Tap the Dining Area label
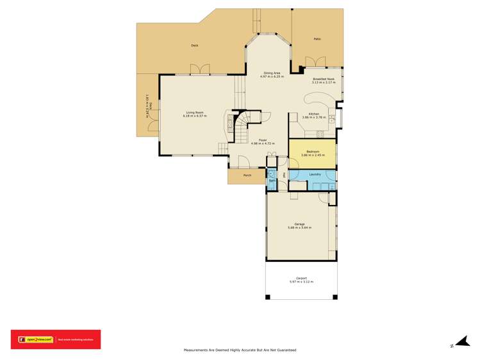pos(272,73)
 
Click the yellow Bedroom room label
pos(313,152)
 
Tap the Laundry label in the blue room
pos(315,174)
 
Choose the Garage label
pos(299,224)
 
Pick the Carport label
pos(302,278)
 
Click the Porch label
pos(247,176)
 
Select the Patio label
pos(317,39)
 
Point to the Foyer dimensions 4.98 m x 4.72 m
pos(263,143)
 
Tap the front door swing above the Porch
pos(244,162)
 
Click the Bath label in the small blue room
pos(272,181)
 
